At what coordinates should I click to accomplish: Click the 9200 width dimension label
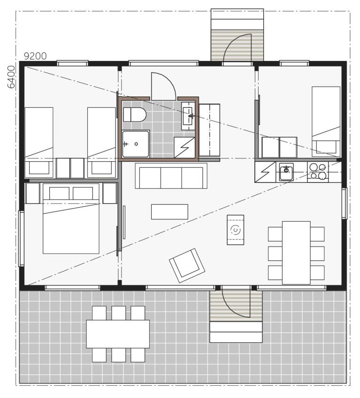35,56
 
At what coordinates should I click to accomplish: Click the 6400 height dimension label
11,77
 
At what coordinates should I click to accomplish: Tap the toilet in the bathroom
135,114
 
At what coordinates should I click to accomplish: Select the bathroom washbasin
188,116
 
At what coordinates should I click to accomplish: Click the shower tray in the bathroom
136,144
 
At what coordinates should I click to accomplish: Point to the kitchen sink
286,172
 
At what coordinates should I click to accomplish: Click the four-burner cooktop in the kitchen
318,172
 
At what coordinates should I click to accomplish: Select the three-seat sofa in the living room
171,176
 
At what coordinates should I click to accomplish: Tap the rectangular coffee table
169,212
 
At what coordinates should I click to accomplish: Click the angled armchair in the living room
187,265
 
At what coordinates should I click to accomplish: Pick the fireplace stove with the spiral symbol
236,230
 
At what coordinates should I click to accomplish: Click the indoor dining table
296,253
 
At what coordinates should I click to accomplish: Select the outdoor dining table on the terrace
118,334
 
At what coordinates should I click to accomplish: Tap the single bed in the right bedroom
326,122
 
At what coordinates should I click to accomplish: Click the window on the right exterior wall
344,203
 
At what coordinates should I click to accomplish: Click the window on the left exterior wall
22,239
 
